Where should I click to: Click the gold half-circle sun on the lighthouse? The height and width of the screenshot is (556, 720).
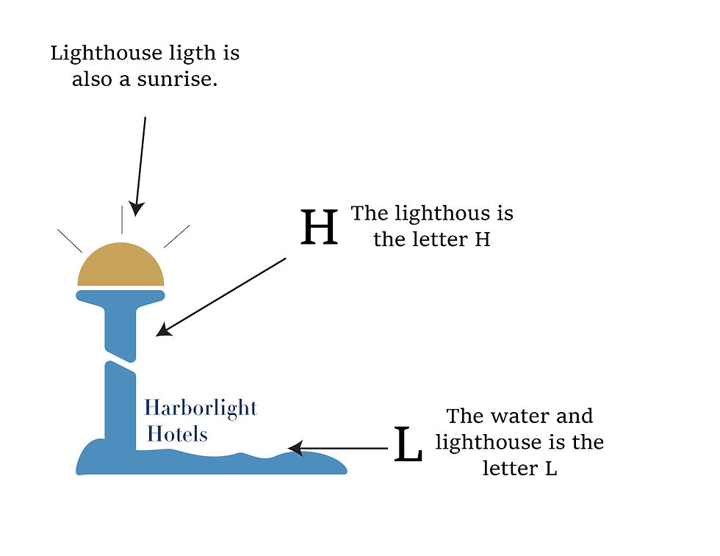pyautogui.click(x=120, y=265)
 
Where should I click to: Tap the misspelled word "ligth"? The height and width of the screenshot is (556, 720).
pyautogui.click(x=192, y=54)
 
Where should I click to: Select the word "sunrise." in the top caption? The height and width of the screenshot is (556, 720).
pyautogui.click(x=177, y=79)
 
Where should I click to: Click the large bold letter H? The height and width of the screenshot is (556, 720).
pyautogui.click(x=319, y=227)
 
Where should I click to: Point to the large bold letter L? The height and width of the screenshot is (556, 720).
pyautogui.click(x=408, y=444)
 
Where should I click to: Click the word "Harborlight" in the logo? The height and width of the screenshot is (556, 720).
pyautogui.click(x=201, y=408)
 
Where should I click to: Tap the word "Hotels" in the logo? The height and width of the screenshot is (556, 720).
pyautogui.click(x=177, y=434)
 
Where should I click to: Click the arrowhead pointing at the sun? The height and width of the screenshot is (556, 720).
pyautogui.click(x=136, y=209)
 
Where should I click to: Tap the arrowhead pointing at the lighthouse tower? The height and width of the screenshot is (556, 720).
pyautogui.click(x=164, y=330)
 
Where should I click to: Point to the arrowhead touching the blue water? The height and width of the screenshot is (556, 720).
pyautogui.click(x=296, y=448)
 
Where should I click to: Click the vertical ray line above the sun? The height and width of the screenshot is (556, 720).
pyautogui.click(x=122, y=220)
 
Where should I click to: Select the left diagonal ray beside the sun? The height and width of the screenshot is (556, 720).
pyautogui.click(x=70, y=241)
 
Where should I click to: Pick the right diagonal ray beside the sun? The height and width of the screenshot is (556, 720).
pyautogui.click(x=177, y=237)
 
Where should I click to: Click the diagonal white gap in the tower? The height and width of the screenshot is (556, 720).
pyautogui.click(x=120, y=361)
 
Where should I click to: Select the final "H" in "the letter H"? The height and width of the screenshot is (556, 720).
pyautogui.click(x=482, y=239)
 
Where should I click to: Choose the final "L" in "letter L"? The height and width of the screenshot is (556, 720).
pyautogui.click(x=551, y=469)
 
